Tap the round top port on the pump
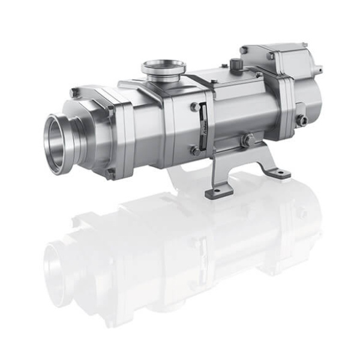(163, 67)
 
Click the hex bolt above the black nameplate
(195, 107)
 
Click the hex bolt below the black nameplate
(195, 151)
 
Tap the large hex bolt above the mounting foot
(247, 140)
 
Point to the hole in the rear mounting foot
(279, 173)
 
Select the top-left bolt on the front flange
(74, 93)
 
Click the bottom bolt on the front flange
(110, 173)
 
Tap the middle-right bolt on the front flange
(111, 112)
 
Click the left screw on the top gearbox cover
(245, 49)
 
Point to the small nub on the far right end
(319, 70)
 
